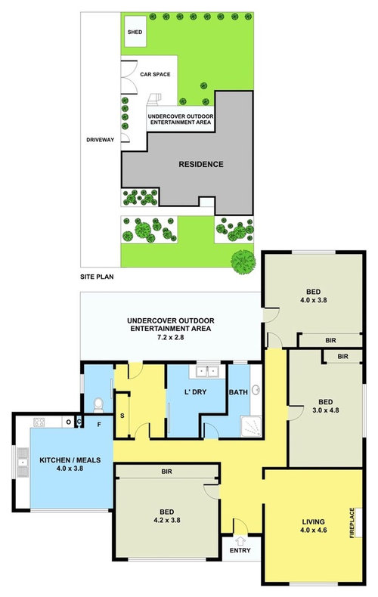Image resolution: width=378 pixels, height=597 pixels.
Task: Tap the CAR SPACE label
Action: click(x=155, y=74)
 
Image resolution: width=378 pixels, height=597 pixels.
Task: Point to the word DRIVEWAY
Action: click(x=101, y=140)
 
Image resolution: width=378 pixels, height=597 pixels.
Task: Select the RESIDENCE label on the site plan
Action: click(x=200, y=164)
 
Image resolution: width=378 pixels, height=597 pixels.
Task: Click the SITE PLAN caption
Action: click(x=101, y=277)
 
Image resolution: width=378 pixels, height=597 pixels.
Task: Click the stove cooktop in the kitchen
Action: click(x=38, y=422)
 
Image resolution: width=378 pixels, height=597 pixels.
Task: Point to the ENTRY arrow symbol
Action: click(x=241, y=540)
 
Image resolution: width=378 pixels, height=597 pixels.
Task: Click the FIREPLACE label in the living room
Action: click(x=351, y=521)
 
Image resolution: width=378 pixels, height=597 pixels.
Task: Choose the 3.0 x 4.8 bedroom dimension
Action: click(x=326, y=411)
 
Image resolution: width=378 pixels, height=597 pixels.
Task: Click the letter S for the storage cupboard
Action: click(x=122, y=417)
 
